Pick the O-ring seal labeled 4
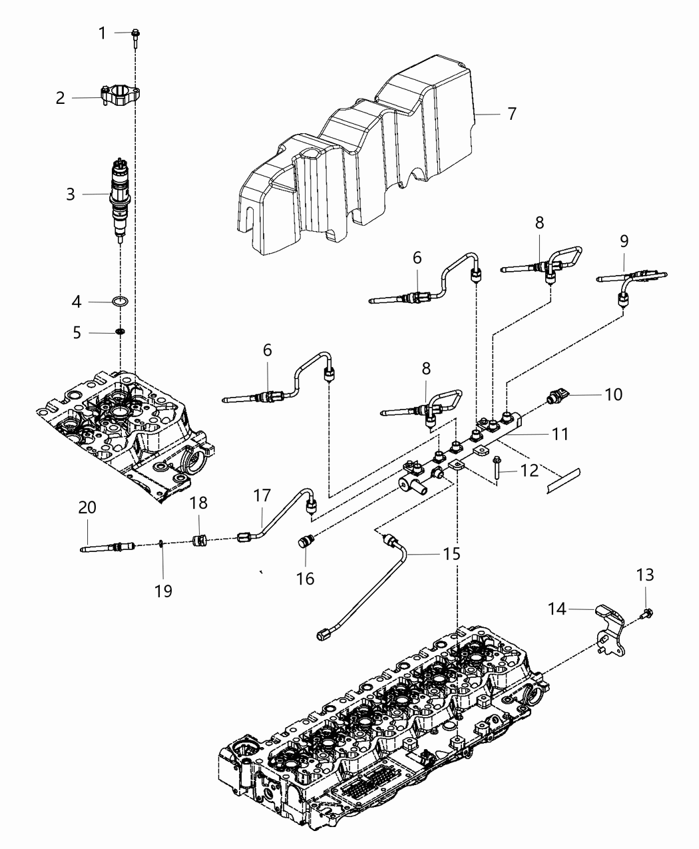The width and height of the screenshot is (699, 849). (120, 302)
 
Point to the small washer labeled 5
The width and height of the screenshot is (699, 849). (120, 332)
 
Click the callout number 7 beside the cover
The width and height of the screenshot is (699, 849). (511, 114)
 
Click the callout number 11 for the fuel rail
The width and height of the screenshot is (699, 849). (560, 434)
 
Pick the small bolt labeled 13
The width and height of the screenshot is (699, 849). (644, 613)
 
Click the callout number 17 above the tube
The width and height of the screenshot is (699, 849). (262, 495)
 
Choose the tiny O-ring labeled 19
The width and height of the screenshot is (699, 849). (162, 545)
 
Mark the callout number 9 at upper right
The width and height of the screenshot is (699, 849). (624, 240)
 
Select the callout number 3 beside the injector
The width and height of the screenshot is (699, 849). (71, 194)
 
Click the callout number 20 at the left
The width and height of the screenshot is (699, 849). (87, 507)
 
